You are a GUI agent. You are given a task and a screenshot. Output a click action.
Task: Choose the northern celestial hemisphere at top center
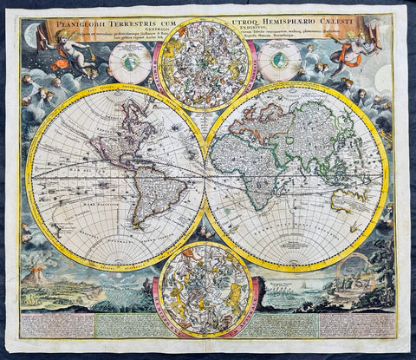coord(205,57)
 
